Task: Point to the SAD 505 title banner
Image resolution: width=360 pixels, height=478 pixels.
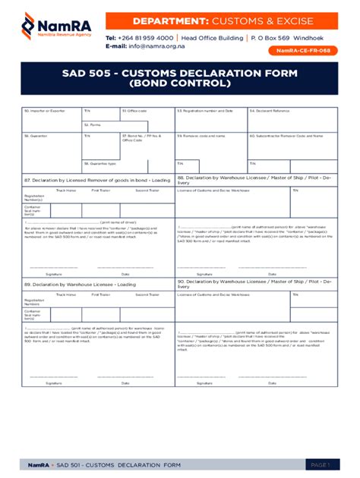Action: (179, 78)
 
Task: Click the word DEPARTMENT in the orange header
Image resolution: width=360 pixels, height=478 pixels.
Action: (170, 20)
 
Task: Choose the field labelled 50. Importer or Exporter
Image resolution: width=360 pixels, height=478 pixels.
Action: (44, 111)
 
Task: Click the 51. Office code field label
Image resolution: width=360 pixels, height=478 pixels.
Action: (134, 111)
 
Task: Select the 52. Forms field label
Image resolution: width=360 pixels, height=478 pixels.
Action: (93, 124)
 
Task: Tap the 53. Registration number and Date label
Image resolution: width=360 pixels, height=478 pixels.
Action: (205, 111)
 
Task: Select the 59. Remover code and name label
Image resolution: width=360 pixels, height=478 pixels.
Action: (204, 136)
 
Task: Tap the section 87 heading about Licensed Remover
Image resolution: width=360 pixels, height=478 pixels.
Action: (97, 180)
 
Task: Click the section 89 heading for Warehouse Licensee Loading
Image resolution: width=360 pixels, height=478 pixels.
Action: (79, 283)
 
